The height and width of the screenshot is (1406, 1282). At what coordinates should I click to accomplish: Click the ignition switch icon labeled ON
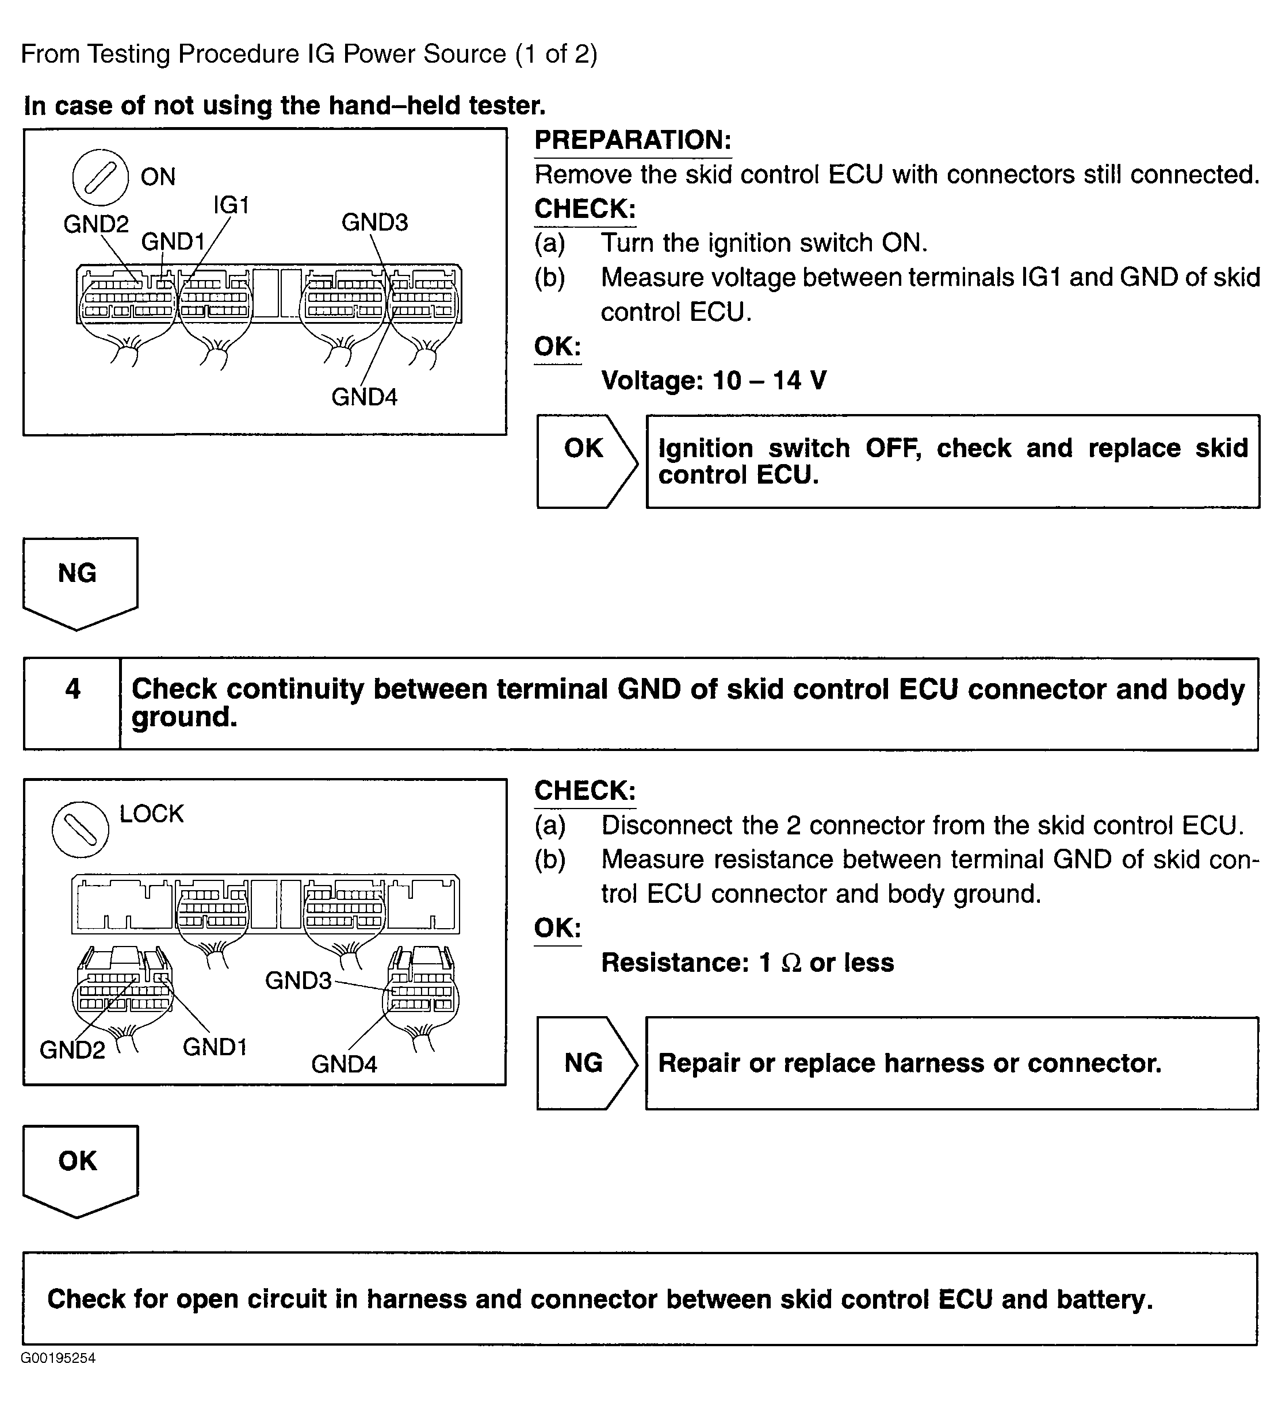click(101, 177)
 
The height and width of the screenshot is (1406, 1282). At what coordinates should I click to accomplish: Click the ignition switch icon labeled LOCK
click(80, 829)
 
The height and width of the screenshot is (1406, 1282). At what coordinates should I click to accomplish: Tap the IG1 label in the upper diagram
click(231, 205)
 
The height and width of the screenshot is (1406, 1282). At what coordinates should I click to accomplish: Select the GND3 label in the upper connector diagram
click(374, 223)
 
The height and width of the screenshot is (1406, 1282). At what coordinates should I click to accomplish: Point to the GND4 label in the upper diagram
click(364, 397)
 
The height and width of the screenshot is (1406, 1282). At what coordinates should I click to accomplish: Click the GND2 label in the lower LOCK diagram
click(72, 1049)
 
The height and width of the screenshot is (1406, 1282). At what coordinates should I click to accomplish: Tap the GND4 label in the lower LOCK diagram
click(344, 1064)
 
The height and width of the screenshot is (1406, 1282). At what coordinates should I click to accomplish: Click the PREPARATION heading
click(633, 140)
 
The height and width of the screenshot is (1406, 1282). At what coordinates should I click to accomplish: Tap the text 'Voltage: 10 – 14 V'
click(714, 381)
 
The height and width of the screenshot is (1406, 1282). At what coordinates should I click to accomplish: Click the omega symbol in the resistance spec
click(791, 963)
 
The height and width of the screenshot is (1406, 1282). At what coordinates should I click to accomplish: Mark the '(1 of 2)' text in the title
click(556, 55)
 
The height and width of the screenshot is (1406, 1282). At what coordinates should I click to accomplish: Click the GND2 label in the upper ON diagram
click(96, 224)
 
